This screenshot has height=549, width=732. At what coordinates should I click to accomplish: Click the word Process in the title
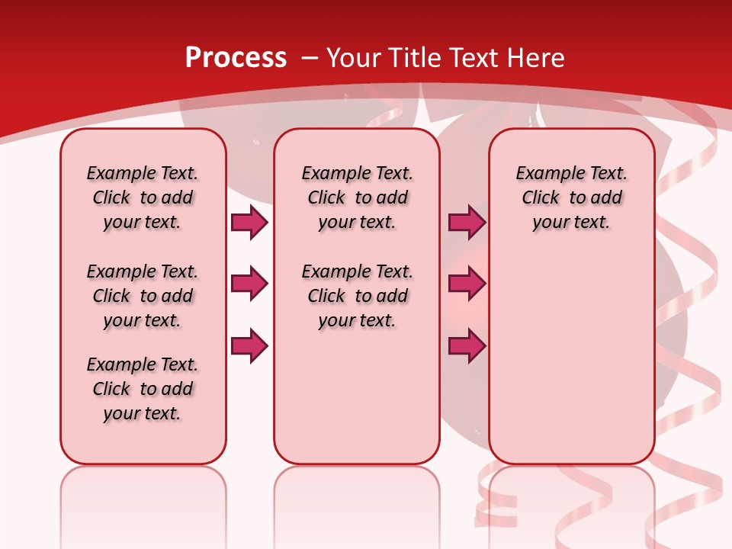[236, 57]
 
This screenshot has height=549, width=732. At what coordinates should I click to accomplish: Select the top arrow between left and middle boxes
[249, 222]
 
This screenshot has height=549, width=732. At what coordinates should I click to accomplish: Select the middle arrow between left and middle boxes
[249, 284]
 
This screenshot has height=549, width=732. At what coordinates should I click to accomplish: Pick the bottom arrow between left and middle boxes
[249, 346]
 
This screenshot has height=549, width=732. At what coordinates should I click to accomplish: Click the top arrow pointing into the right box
[467, 222]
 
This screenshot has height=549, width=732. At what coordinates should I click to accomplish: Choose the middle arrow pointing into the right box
[467, 284]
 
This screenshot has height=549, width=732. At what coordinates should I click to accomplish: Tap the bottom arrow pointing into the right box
[467, 346]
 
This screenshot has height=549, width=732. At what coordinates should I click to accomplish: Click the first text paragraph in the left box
[143, 197]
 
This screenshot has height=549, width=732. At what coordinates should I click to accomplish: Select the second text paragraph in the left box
[143, 296]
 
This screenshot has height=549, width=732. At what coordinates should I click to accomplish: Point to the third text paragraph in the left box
[143, 389]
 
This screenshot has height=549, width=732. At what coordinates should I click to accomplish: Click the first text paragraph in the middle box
[357, 197]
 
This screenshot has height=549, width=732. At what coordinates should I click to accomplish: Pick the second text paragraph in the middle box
[357, 296]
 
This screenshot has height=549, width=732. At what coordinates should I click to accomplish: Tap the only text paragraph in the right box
[571, 197]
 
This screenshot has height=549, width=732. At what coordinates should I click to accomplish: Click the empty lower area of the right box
[571, 366]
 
